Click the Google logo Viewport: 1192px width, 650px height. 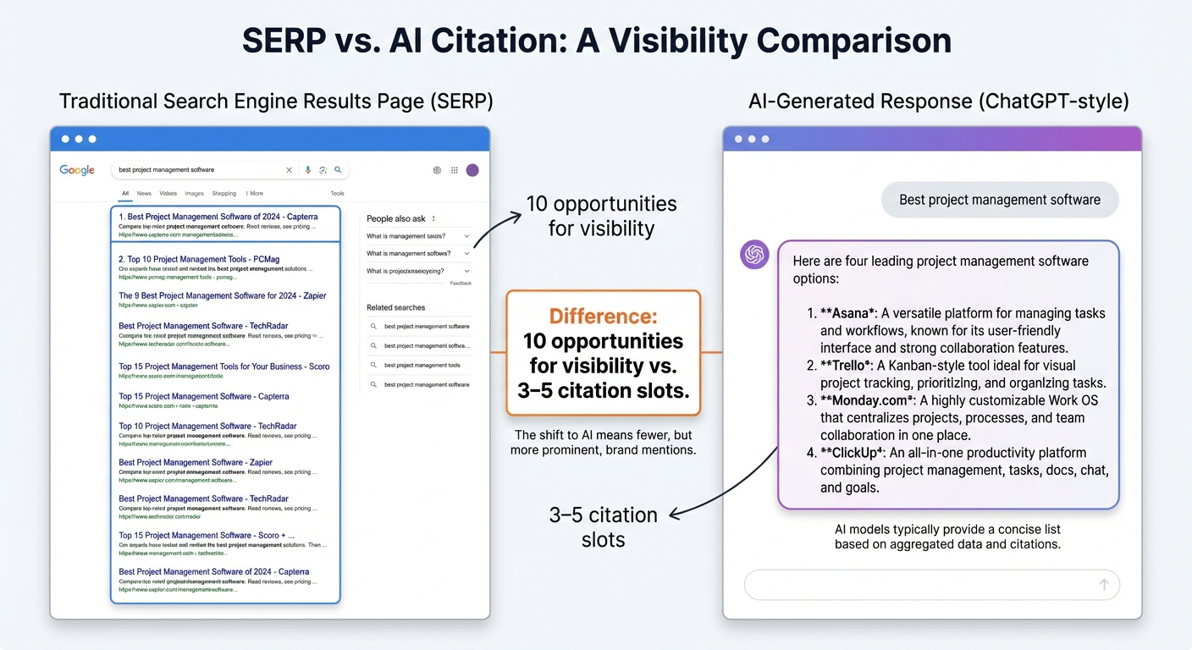coord(77,170)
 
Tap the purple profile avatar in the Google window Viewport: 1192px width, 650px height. coord(472,170)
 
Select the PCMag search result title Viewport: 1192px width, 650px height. coord(199,259)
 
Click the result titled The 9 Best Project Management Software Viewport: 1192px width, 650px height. coord(222,295)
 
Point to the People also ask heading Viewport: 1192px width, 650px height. coord(396,218)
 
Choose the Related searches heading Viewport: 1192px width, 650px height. coord(395,307)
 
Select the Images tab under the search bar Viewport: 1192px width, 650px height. coord(195,193)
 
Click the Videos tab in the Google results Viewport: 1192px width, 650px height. coord(168,193)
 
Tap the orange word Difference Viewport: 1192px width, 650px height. coord(603,317)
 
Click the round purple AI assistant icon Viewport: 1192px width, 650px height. coord(754,255)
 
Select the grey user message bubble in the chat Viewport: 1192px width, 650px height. coord(999,201)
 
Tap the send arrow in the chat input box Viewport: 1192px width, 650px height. coord(1104,585)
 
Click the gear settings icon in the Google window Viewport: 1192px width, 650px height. coord(437,170)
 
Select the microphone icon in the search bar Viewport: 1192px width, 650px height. coord(308,170)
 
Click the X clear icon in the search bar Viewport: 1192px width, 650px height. coord(290,170)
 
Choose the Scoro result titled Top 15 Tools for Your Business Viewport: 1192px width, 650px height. coord(223,366)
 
